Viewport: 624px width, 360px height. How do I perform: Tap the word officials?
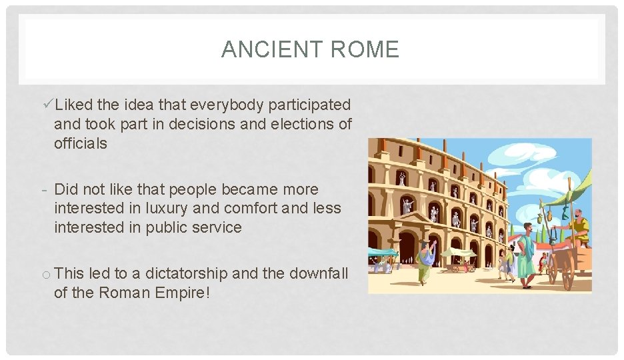pyautogui.click(x=80, y=143)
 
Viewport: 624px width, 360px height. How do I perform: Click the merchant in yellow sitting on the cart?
pyautogui.click(x=579, y=227)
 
